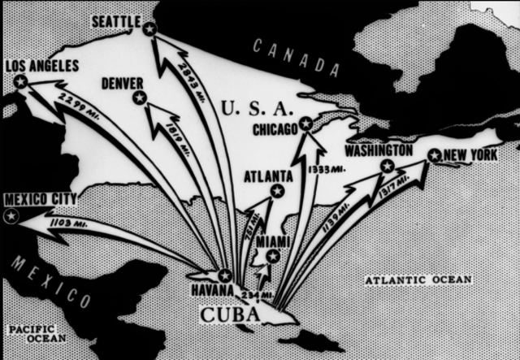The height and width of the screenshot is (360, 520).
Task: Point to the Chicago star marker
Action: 305,124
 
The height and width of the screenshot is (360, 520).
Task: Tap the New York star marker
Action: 435,155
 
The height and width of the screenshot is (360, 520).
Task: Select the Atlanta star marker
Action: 277,191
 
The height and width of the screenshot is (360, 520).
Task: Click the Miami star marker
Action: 273,256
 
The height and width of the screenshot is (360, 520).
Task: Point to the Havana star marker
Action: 225,275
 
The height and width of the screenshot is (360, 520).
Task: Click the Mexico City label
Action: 40,199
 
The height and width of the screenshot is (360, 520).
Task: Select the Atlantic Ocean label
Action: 418,280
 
